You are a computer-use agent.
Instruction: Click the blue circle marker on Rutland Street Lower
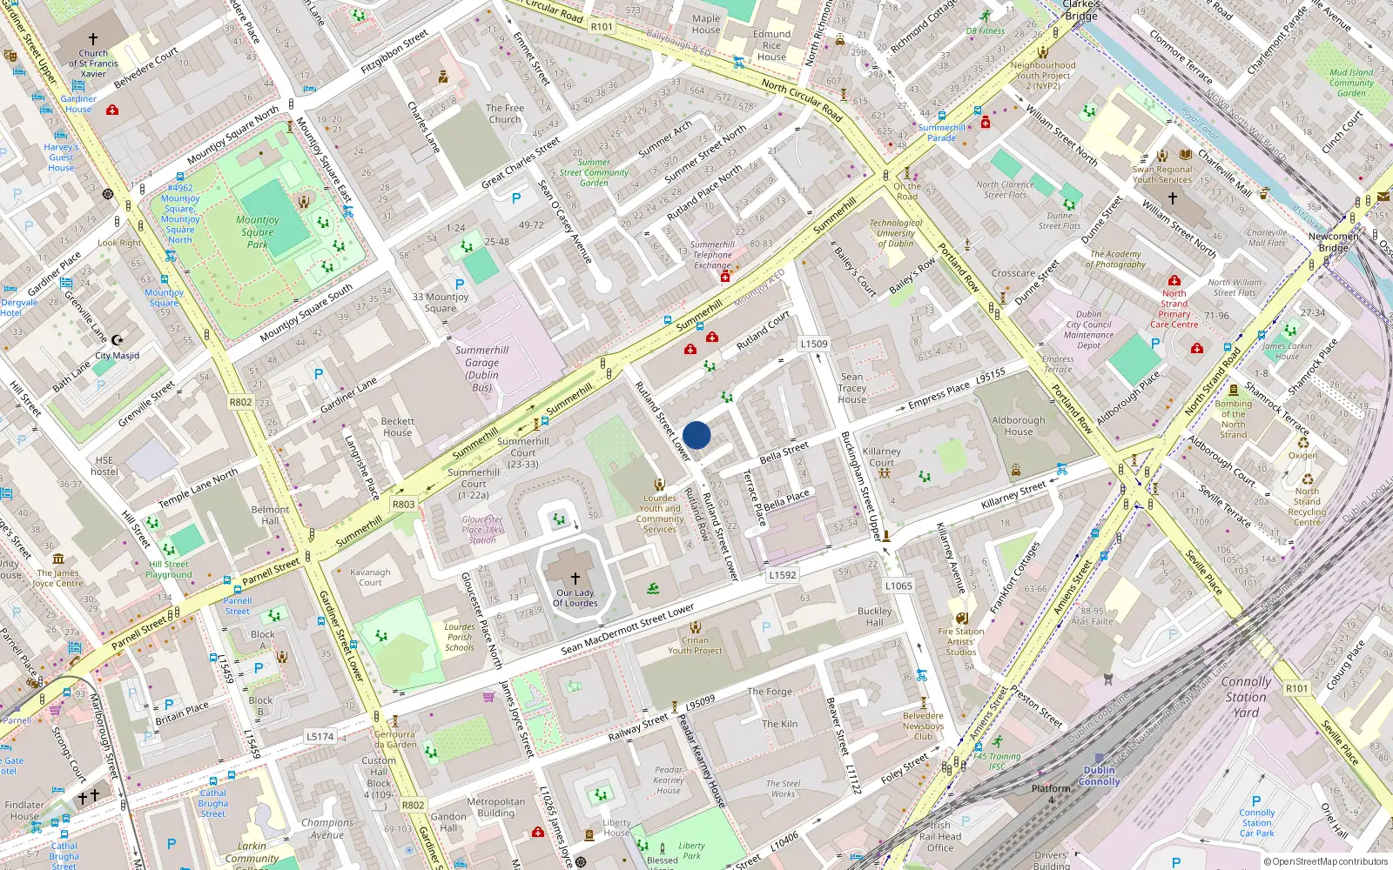pyautogui.click(x=696, y=435)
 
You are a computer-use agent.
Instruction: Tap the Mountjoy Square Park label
pyautogui.click(x=258, y=232)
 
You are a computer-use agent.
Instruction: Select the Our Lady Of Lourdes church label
pyautogui.click(x=575, y=598)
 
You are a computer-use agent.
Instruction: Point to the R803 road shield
pyautogui.click(x=404, y=504)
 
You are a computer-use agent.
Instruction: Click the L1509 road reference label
pyautogui.click(x=814, y=344)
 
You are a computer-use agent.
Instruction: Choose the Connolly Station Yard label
pyautogui.click(x=1246, y=697)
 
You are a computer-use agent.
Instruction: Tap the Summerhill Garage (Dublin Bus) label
pyautogui.click(x=481, y=369)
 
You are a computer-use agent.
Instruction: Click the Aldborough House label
pyautogui.click(x=1018, y=425)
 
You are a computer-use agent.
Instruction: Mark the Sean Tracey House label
pyautogui.click(x=852, y=388)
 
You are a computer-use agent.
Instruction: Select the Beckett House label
pyautogui.click(x=397, y=426)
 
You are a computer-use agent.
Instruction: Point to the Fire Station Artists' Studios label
pyautogui.click(x=961, y=641)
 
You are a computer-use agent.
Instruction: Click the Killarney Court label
pyautogui.click(x=881, y=457)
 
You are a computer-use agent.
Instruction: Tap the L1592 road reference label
pyautogui.click(x=783, y=575)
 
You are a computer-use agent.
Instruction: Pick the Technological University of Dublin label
pyautogui.click(x=895, y=233)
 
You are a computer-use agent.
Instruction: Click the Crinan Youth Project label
pyautogui.click(x=695, y=645)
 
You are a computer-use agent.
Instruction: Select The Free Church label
pyautogui.click(x=505, y=114)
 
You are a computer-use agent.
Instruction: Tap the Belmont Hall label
pyautogui.click(x=270, y=515)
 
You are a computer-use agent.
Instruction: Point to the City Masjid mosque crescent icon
pyautogui.click(x=118, y=340)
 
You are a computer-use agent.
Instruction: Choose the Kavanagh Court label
pyautogui.click(x=370, y=577)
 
